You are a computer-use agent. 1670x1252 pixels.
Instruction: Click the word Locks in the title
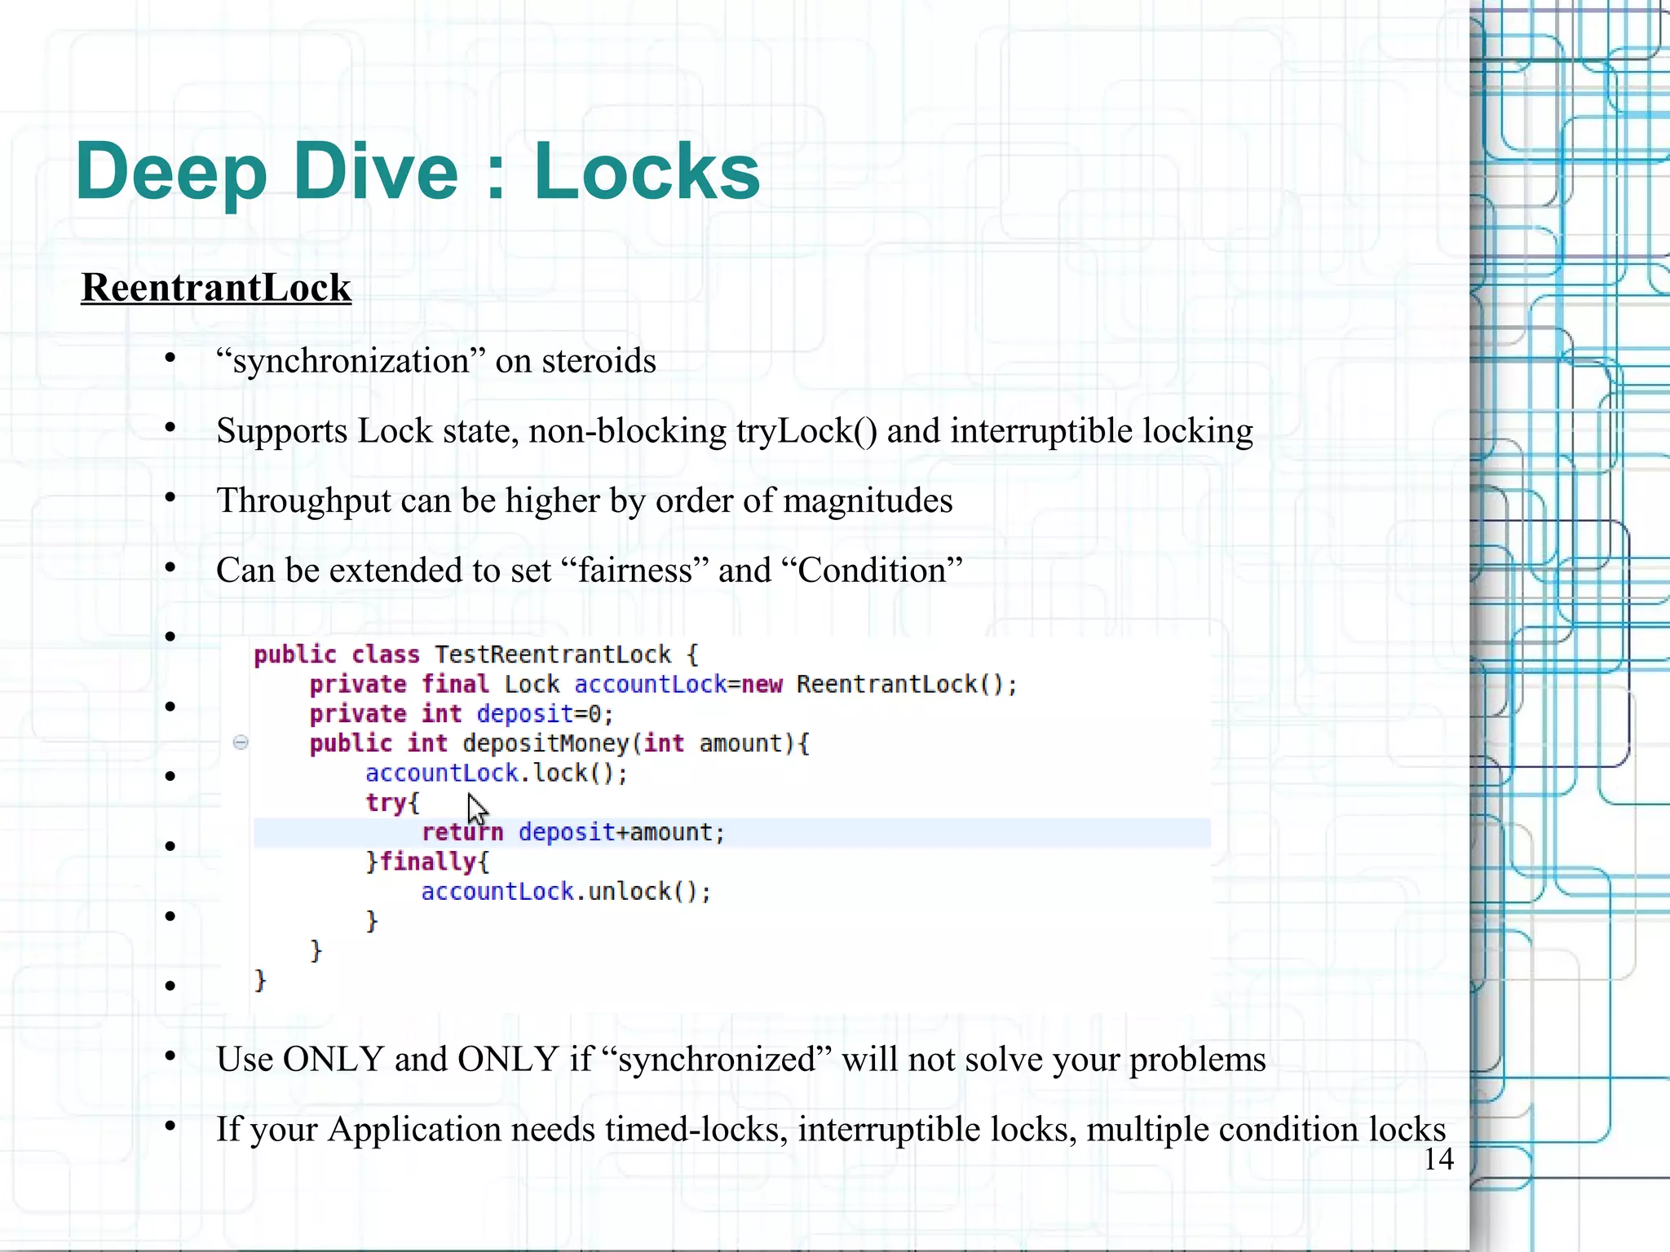647,172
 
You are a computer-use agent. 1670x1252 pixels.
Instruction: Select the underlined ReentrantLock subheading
216,288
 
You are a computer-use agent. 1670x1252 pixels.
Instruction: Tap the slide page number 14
1438,1159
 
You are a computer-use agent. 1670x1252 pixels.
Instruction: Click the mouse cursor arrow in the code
477,810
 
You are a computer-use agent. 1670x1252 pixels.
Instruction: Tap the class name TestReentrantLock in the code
552,655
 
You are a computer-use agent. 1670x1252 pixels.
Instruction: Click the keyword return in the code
462,832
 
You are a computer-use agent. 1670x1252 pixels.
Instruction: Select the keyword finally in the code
428,862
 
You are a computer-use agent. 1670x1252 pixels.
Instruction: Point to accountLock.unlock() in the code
565,892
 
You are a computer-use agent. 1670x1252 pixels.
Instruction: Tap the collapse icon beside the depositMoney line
241,742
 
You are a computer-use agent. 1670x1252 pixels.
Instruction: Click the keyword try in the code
386,803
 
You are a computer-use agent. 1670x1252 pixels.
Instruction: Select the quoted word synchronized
716,1060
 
